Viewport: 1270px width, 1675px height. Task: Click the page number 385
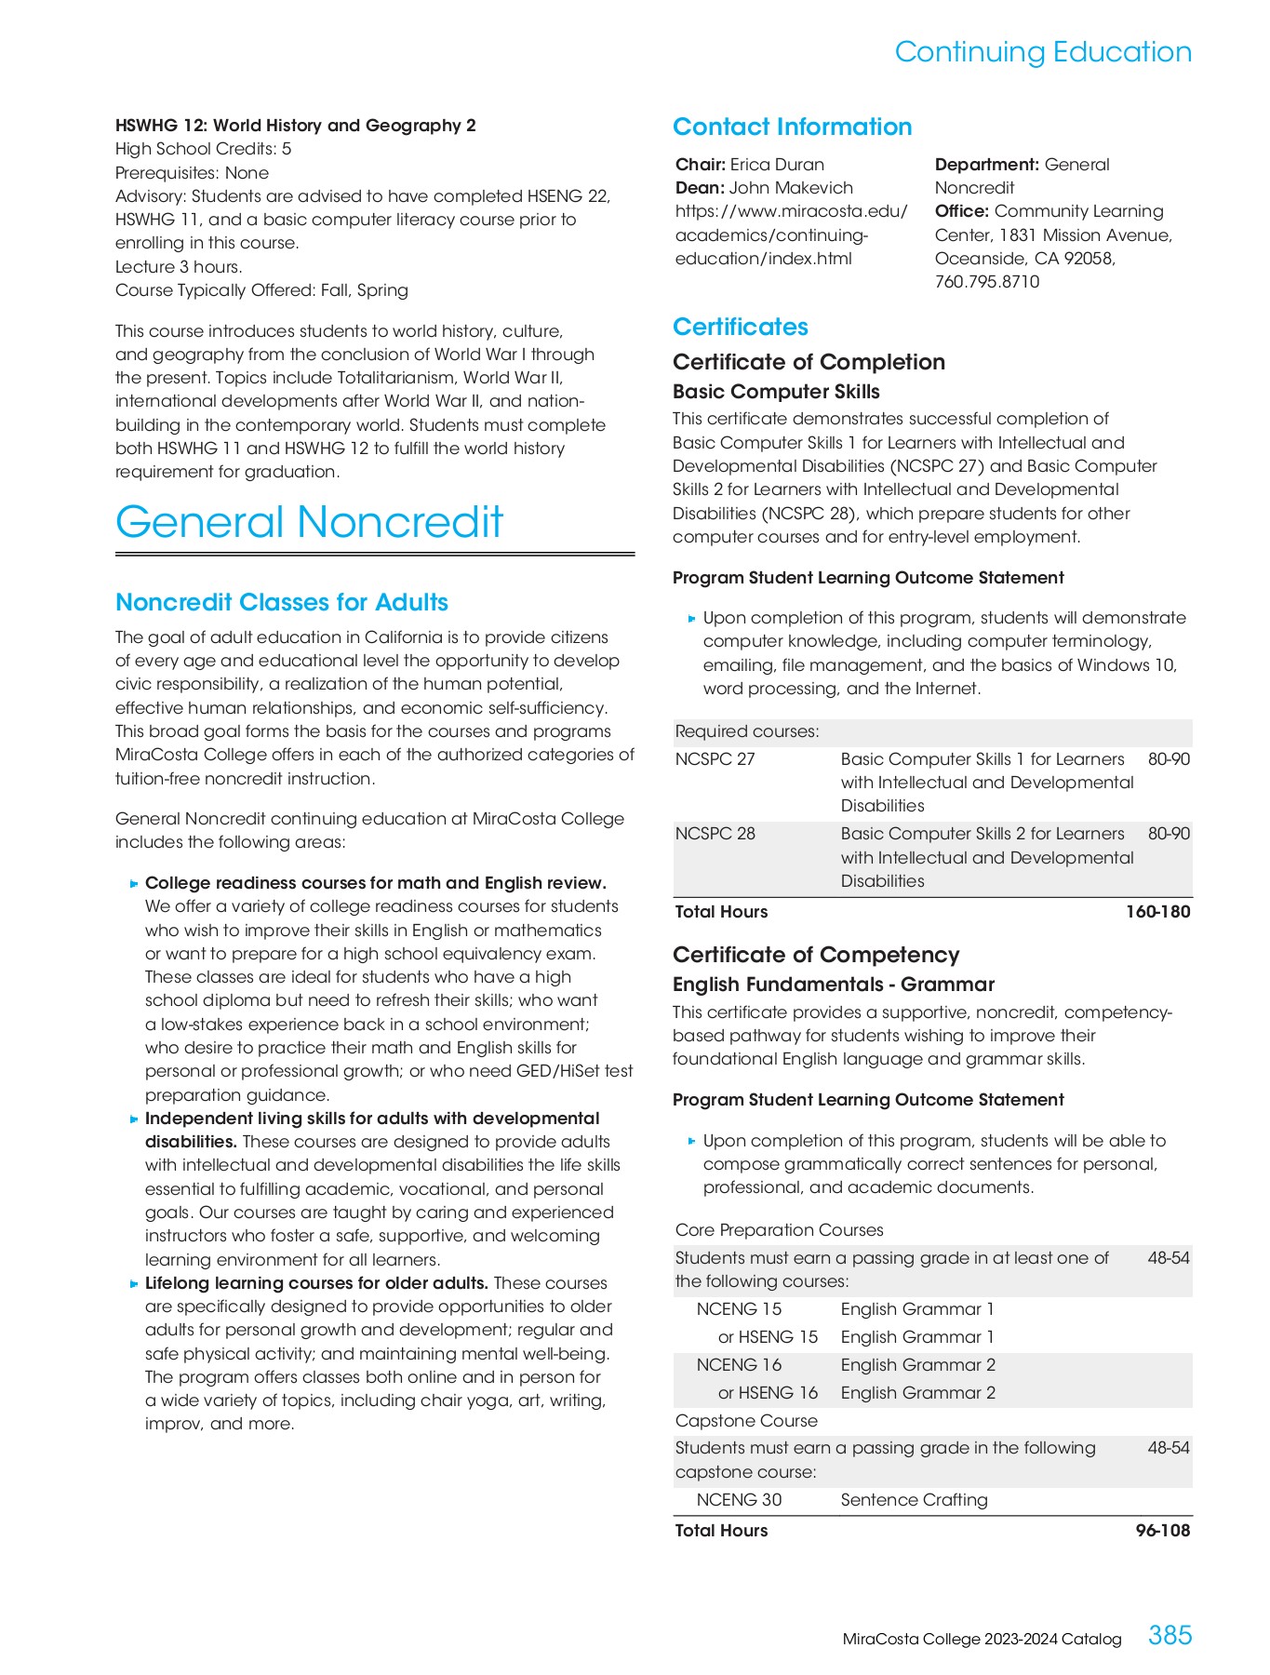point(1170,1635)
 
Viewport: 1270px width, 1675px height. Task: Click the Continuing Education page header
point(1042,52)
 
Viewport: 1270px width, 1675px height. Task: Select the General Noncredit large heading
point(309,522)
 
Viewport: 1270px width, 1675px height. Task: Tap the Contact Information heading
point(792,127)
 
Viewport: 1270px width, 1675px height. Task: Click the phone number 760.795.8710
point(986,282)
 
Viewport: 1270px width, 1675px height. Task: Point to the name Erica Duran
point(777,165)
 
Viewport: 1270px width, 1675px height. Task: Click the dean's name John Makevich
point(791,188)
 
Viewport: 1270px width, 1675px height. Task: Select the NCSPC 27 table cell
point(715,759)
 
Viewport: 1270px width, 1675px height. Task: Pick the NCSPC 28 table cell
point(715,834)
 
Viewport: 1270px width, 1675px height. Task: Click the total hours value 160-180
point(1157,912)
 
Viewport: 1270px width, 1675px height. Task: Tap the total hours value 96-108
point(1162,1531)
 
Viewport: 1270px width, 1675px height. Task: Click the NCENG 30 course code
point(739,1500)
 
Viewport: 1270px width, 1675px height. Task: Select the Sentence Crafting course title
point(914,1500)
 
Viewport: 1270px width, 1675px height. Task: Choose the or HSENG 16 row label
point(768,1393)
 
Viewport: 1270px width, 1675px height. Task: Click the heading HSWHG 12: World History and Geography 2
point(295,126)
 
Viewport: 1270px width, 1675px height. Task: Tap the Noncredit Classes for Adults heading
point(281,602)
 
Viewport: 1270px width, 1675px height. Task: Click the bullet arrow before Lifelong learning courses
point(135,1284)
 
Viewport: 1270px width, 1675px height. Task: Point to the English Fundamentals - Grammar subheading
point(833,985)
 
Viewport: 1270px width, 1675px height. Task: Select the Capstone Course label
point(746,1421)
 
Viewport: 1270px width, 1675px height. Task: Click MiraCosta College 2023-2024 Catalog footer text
point(982,1639)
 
